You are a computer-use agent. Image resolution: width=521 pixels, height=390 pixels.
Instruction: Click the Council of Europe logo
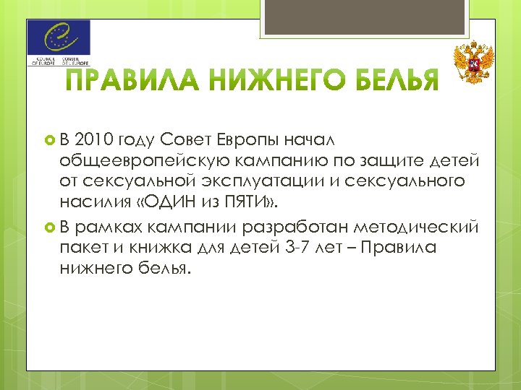click(x=59, y=43)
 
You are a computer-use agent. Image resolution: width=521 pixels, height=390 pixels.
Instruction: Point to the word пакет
click(x=82, y=248)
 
